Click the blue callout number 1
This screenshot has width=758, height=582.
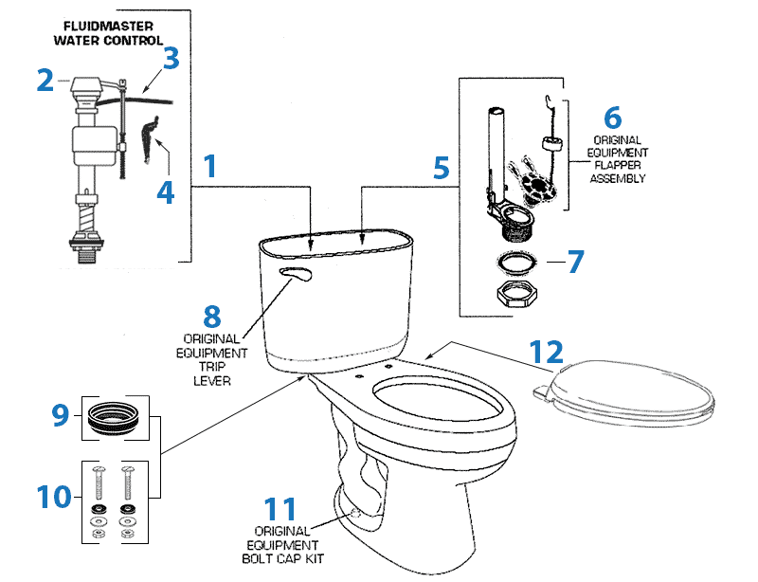click(210, 168)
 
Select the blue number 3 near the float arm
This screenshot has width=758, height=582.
click(171, 58)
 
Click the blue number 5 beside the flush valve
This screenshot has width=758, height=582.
click(441, 168)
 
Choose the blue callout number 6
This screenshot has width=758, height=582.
click(612, 118)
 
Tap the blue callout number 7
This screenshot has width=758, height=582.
click(577, 261)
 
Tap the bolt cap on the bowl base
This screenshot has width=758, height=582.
click(353, 512)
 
